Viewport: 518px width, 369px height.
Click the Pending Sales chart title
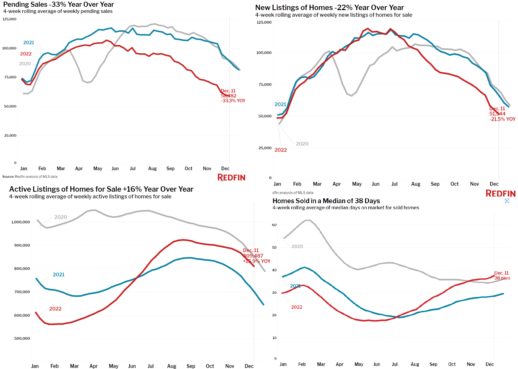click(58, 4)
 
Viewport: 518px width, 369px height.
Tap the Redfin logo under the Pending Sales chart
click(231, 177)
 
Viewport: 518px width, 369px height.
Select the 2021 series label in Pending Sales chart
click(29, 42)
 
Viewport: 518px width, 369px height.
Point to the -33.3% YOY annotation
click(233, 101)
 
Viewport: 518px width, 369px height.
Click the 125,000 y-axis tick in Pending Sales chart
click(9, 19)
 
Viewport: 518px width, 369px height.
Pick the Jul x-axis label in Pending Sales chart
click(133, 168)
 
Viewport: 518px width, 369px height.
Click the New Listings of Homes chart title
click(329, 7)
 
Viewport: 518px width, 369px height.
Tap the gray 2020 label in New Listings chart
click(302, 144)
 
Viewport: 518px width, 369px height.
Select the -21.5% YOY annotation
click(502, 119)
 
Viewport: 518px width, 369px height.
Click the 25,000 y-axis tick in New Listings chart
click(265, 148)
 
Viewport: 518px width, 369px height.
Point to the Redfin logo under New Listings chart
click(500, 193)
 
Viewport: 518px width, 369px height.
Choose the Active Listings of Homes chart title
click(101, 189)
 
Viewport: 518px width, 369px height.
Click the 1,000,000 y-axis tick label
click(21, 222)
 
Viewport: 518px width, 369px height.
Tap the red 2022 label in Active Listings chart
click(55, 309)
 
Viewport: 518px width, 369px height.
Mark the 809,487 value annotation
click(253, 256)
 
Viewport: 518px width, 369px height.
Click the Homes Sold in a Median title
click(326, 201)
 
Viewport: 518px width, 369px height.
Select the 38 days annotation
click(502, 278)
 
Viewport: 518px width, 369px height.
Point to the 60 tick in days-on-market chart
click(274, 225)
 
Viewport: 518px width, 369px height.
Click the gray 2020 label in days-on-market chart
click(297, 246)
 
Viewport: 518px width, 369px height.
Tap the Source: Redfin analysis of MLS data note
click(30, 177)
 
